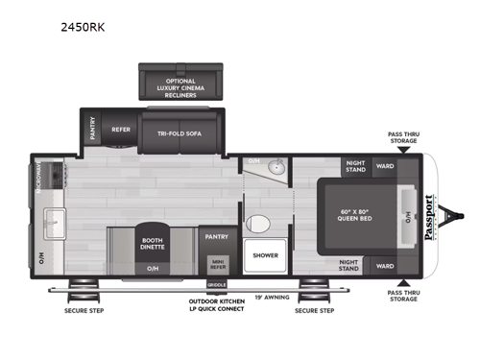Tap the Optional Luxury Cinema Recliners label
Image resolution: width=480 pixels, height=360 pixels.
pos(180,88)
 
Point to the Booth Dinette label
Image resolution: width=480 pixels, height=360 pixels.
pos(152,244)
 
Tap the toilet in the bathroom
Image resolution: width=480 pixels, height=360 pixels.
pos(256,224)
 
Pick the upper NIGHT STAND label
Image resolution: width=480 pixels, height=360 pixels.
pos(356,166)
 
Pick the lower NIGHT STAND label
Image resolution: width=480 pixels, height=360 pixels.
pos(356,265)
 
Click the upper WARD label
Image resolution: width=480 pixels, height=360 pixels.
pos(385,166)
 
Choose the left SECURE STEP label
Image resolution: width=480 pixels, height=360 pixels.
pos(84,310)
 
